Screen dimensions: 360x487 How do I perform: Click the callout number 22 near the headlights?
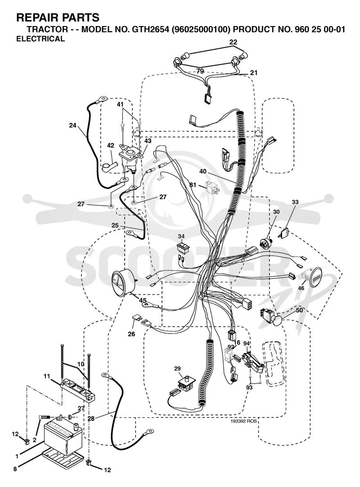pyautogui.click(x=233, y=42)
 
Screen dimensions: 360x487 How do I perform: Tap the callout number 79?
pyautogui.click(x=200, y=71)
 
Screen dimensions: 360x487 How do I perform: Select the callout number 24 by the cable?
pyautogui.click(x=73, y=126)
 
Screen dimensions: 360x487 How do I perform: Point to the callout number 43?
pyautogui.click(x=148, y=141)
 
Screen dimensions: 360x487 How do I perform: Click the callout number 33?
pyautogui.click(x=295, y=202)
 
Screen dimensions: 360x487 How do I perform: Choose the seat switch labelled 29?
pyautogui.click(x=184, y=384)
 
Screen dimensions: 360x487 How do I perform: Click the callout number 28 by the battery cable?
pyautogui.click(x=91, y=418)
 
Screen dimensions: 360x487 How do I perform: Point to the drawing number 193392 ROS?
pyautogui.click(x=244, y=421)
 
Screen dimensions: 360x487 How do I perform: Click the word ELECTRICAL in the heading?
pyautogui.click(x=40, y=39)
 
